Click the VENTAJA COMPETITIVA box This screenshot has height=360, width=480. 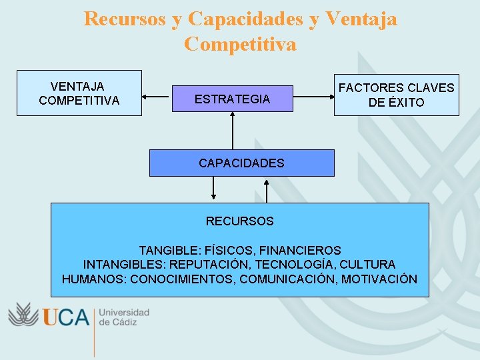[79, 93]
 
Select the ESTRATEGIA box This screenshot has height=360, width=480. [232, 99]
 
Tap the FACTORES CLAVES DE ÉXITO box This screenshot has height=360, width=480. [396, 95]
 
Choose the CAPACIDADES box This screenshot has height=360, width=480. [241, 163]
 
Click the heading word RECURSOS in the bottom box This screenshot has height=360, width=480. [239, 221]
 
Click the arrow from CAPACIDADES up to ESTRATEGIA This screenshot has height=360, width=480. [233, 131]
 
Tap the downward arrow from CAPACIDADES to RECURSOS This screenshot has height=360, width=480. [213, 189]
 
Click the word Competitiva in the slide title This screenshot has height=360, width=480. [240, 44]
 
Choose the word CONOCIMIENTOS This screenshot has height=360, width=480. [182, 279]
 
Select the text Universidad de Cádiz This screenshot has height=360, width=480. [124, 317]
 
